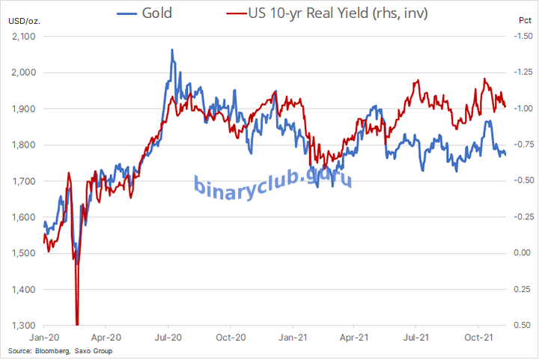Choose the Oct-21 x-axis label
[479, 338]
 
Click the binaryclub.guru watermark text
[273, 182]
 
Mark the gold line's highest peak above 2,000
[172, 50]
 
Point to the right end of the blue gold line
[505, 155]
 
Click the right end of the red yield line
[505, 106]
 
